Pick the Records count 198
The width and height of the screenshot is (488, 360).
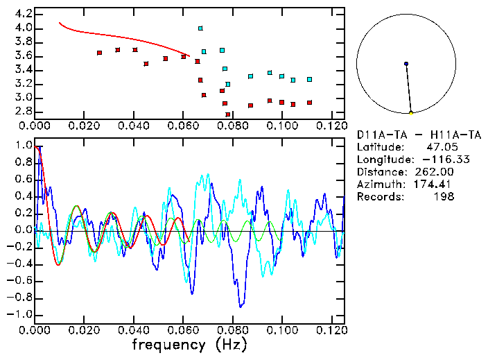tap(444, 197)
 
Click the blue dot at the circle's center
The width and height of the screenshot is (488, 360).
tap(406, 64)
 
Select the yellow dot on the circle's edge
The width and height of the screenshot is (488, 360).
tap(411, 113)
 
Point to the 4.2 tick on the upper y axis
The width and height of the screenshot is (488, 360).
tap(23, 14)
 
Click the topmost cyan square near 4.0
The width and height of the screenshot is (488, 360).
tap(200, 28)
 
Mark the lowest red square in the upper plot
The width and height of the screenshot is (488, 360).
tap(228, 114)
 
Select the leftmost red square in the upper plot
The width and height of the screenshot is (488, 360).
tap(99, 53)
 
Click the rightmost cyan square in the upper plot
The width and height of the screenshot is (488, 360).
tap(309, 79)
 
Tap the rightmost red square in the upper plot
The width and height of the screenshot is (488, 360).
tap(309, 103)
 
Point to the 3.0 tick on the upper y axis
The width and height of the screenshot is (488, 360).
tap(23, 98)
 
